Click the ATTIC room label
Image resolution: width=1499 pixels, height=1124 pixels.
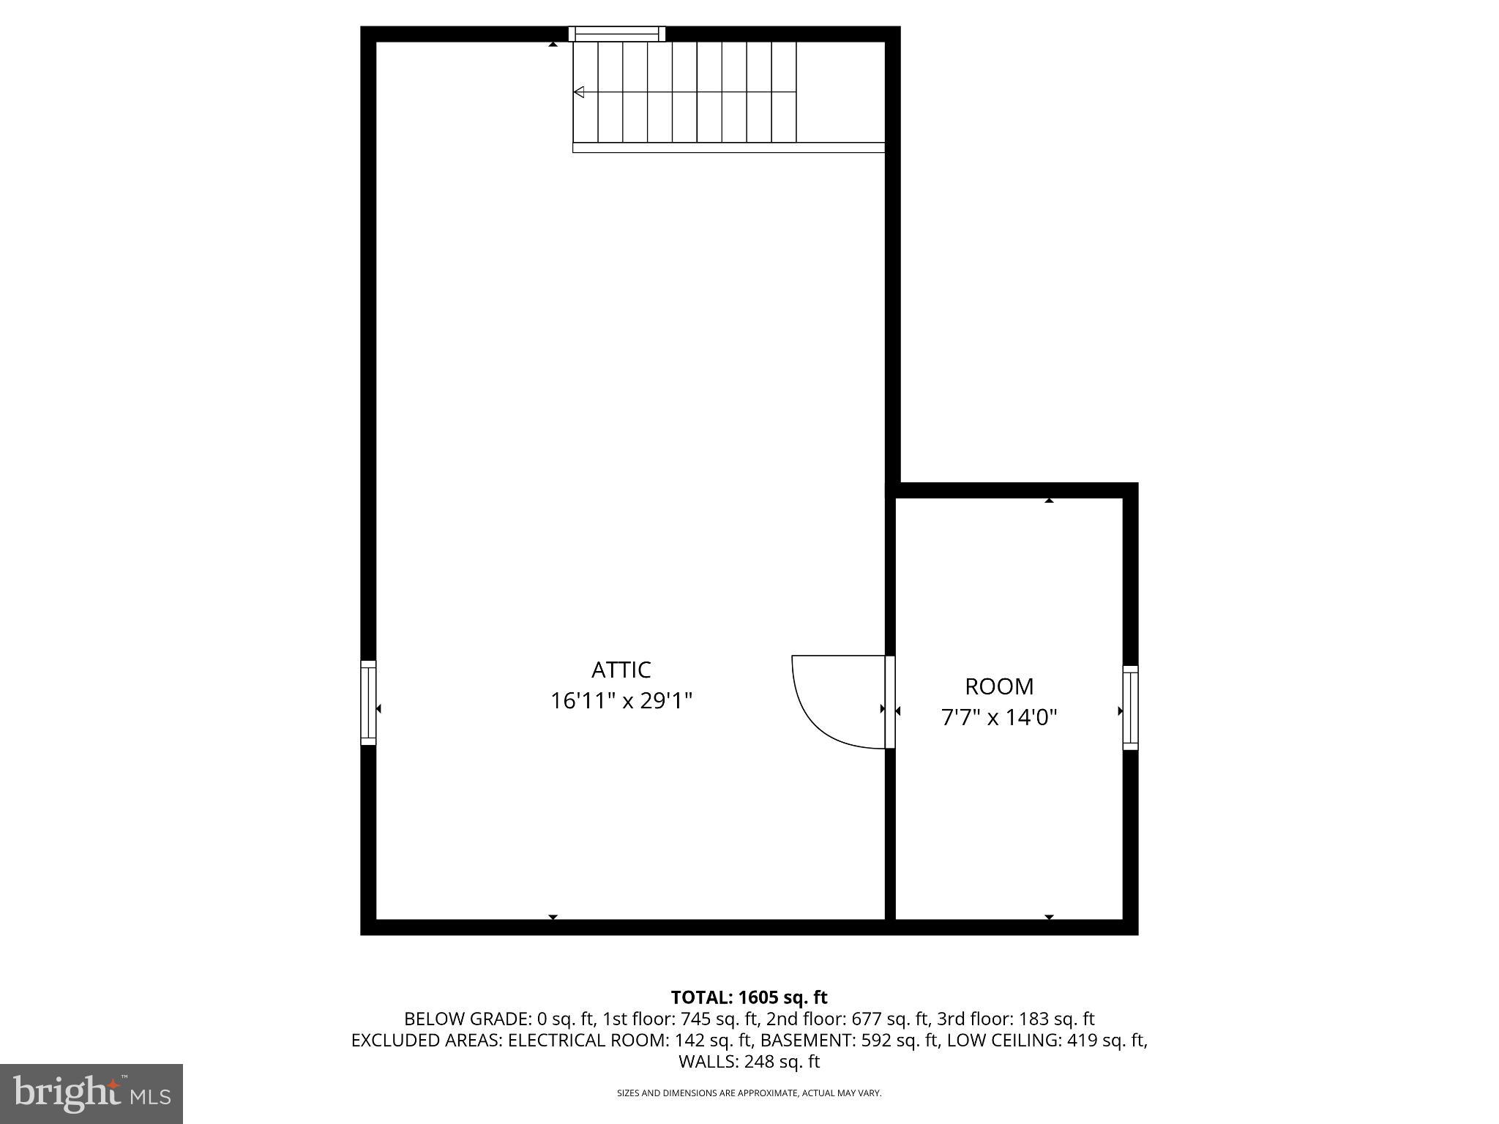coord(621,670)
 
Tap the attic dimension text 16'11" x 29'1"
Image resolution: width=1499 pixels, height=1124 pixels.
coord(621,701)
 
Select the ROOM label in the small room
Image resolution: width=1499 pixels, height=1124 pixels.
coord(999,686)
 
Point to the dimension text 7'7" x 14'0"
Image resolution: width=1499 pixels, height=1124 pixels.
coord(999,717)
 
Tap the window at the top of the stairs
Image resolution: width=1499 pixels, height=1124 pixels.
coord(617,34)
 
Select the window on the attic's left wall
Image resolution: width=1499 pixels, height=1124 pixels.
coord(368,703)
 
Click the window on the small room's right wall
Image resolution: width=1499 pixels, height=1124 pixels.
coord(1130,708)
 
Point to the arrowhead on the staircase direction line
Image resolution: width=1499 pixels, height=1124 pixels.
coord(579,92)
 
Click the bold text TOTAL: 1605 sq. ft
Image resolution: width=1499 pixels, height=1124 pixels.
coord(749,997)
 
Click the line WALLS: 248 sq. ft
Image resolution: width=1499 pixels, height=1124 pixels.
coord(749,1061)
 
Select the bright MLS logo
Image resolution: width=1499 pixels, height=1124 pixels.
coord(91,1093)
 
